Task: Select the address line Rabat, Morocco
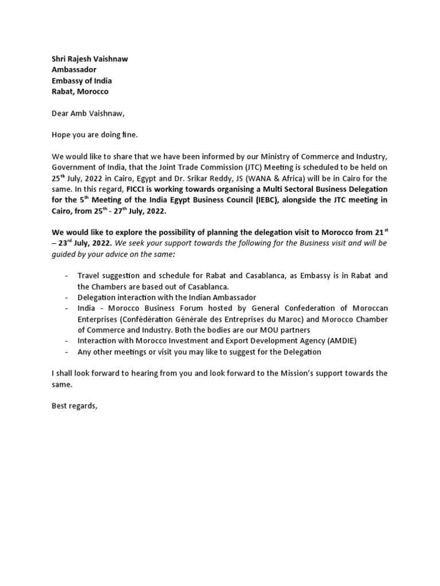click(80, 92)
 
